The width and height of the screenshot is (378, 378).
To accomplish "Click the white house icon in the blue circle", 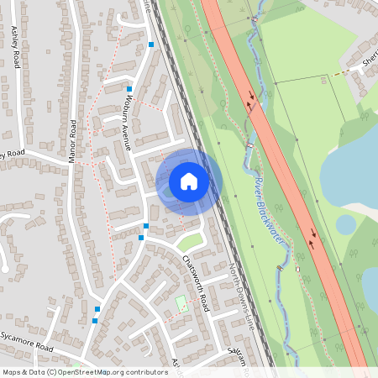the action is pyautogui.click(x=189, y=181).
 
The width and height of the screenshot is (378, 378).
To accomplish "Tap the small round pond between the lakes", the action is pyautogui.click(x=345, y=224).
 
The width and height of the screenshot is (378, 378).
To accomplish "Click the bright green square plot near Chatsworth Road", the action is pyautogui.click(x=182, y=303).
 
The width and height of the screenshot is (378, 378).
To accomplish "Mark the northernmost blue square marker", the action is pyautogui.click(x=151, y=44).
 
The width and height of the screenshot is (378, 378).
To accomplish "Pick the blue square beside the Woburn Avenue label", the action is pyautogui.click(x=129, y=88).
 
